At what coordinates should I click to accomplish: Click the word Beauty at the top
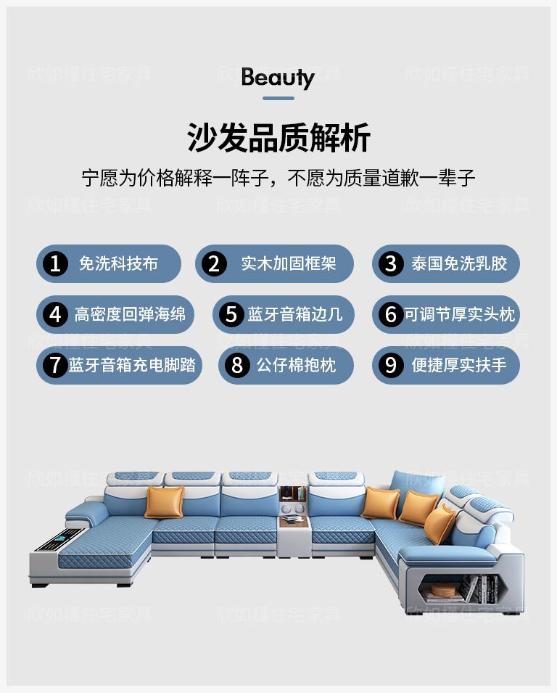pos(278,78)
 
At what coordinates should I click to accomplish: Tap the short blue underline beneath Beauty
pos(278,98)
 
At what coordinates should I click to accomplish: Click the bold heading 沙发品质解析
pos(278,137)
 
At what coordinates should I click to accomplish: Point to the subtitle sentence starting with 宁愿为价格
pos(278,178)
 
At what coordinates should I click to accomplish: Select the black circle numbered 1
pos(55,264)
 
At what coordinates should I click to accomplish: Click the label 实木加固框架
pos(289,264)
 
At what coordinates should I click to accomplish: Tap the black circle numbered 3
pos(391,264)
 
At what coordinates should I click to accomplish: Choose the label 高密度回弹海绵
pos(130,314)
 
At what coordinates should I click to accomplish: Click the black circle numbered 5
pos(231,314)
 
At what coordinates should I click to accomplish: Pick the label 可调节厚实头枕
pos(460,314)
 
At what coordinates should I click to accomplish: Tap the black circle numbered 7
pos(55,365)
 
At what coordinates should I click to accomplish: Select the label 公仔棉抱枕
pos(297,365)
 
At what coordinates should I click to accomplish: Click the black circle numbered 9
pos(391,365)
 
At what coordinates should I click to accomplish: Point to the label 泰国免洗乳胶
pos(459,264)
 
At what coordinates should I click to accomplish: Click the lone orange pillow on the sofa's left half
pos(165,502)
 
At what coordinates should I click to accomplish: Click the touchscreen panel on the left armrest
pos(57,540)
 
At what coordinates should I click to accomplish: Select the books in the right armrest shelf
pos(479,588)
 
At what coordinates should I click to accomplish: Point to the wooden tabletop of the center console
pos(294,522)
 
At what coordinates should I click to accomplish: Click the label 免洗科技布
pos(118,264)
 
